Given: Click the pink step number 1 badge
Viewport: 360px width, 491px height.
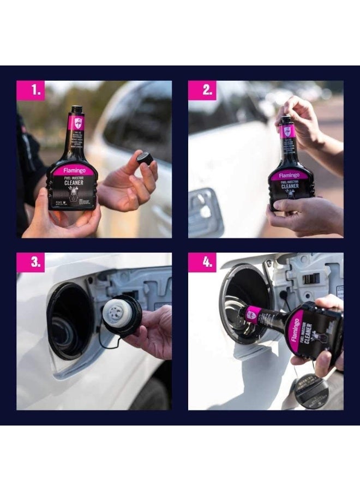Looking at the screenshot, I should coord(31,90).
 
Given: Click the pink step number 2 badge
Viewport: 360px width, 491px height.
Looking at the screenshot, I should coord(202,90).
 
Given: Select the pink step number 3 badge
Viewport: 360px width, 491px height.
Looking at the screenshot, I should coord(31,262).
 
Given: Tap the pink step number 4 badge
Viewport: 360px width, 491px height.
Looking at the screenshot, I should coord(202,262).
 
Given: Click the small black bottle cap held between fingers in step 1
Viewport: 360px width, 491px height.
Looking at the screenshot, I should coord(144,158).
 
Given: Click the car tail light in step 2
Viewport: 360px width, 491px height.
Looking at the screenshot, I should coord(205,213).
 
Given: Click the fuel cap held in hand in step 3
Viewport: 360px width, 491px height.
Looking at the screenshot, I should coord(122,315).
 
